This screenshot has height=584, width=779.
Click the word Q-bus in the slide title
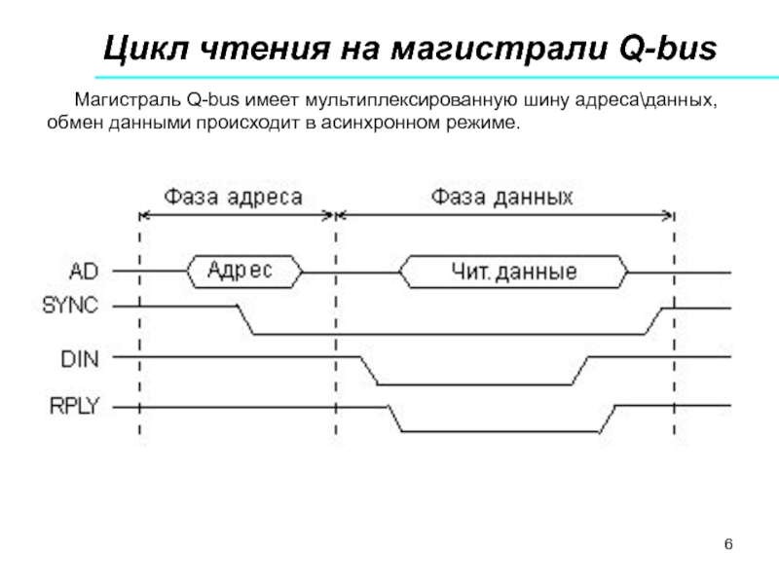(665, 48)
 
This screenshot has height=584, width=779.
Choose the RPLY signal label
(75, 406)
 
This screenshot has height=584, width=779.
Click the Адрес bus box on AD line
(243, 271)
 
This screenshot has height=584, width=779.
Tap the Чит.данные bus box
(515, 272)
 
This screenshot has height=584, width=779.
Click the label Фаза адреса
(235, 196)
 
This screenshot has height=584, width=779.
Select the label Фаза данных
(502, 196)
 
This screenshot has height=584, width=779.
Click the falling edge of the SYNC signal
(244, 319)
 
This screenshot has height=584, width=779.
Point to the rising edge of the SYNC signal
(655, 320)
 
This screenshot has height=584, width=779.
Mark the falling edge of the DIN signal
(368, 371)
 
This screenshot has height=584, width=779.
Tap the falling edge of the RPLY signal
(395, 418)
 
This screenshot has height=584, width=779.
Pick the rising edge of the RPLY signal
(607, 418)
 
